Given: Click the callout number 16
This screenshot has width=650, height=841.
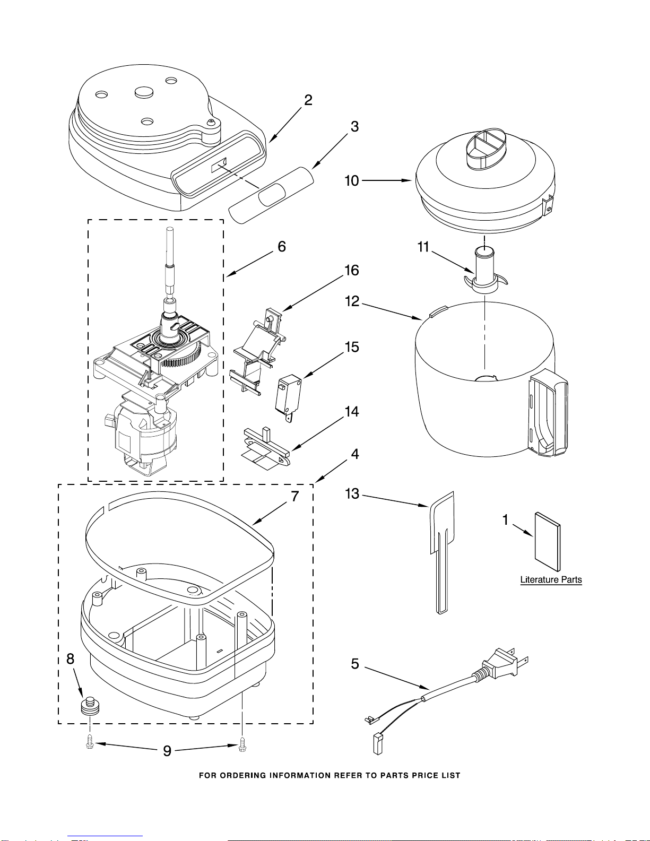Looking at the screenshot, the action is coord(352,270).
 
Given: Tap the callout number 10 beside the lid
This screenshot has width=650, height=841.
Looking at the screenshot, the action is coord(352,181).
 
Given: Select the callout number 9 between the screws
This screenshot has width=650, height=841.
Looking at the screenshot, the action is coord(167,751).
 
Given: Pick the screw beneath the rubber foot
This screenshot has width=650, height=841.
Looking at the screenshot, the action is coord(90,742).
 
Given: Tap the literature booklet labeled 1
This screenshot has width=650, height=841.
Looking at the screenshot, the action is coord(548,541).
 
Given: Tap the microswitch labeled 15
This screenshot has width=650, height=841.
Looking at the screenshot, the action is coord(288,397).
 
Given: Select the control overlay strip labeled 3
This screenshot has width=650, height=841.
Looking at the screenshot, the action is coord(271,195).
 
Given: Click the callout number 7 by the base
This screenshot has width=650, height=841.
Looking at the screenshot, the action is coord(295,496).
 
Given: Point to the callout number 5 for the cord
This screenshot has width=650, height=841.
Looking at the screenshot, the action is coord(355,664).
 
